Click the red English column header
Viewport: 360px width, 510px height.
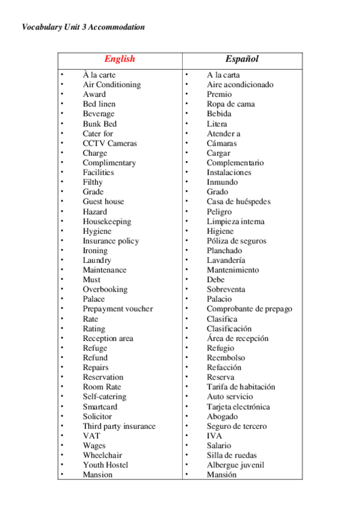click(x=120, y=59)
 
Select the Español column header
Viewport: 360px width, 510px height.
click(x=242, y=59)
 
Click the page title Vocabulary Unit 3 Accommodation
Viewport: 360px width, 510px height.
click(x=83, y=27)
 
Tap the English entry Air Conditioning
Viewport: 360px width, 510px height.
click(x=112, y=85)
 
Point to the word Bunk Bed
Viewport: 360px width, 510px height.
click(x=100, y=124)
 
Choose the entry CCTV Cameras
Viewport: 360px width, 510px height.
click(x=110, y=143)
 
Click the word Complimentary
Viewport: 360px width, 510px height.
click(x=109, y=162)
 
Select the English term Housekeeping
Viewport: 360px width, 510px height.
click(x=107, y=221)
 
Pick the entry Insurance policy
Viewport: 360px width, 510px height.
click(x=111, y=241)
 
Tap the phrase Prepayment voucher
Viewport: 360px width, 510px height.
click(x=118, y=309)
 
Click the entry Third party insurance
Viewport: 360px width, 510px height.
click(x=119, y=426)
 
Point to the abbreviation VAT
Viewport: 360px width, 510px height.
click(x=91, y=436)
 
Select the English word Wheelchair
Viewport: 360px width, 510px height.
click(x=102, y=455)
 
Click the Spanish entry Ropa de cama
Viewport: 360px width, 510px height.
click(x=231, y=104)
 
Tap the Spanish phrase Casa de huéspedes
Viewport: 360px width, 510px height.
click(x=239, y=201)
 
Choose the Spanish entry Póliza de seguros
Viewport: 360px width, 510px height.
click(x=237, y=241)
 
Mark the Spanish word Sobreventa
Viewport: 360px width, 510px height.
click(x=226, y=289)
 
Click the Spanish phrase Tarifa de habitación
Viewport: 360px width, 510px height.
click(x=241, y=387)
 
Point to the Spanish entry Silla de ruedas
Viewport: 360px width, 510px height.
click(x=231, y=455)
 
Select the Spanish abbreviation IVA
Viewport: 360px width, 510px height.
click(x=215, y=436)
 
